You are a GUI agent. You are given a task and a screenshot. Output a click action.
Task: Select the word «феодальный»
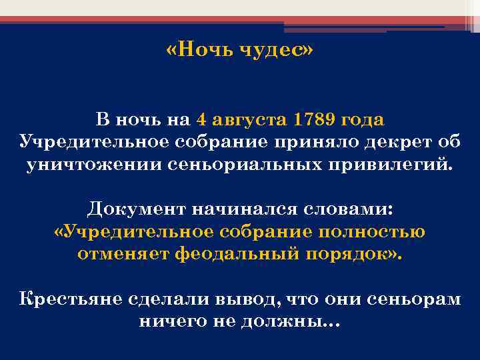tap(227, 255)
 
